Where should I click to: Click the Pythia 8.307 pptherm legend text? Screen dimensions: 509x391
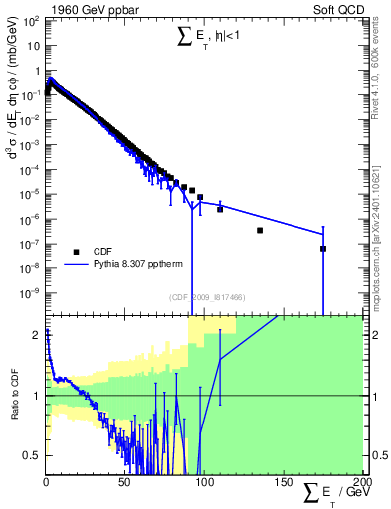tap(138, 265)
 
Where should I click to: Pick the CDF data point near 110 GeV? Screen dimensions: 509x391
tap(220, 209)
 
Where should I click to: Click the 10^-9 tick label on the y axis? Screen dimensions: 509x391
tap(29, 293)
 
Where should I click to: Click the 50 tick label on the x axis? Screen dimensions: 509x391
tap(124, 482)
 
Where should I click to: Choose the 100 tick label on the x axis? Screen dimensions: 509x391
tap(204, 482)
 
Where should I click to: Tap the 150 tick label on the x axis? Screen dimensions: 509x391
tap(283, 482)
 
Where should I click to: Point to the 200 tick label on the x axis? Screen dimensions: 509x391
tap(358, 482)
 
